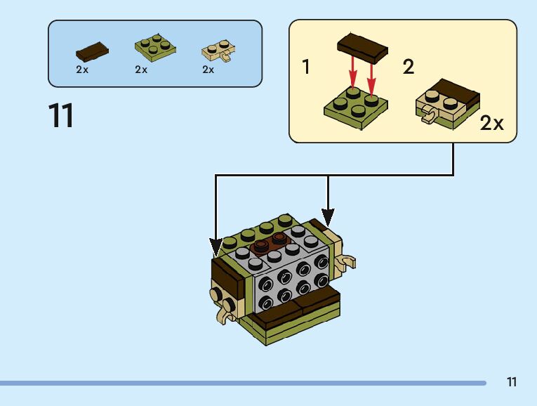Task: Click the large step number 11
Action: [62, 116]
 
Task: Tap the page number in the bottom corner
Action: [511, 382]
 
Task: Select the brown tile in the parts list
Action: [92, 52]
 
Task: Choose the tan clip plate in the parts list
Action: [218, 51]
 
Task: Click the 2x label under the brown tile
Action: [82, 70]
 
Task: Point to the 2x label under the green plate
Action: [141, 70]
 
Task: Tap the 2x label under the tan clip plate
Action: [208, 70]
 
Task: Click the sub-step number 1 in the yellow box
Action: [306, 67]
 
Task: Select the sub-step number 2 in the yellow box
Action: [409, 67]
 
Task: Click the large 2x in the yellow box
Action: [491, 124]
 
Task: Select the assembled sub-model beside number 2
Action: [447, 104]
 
